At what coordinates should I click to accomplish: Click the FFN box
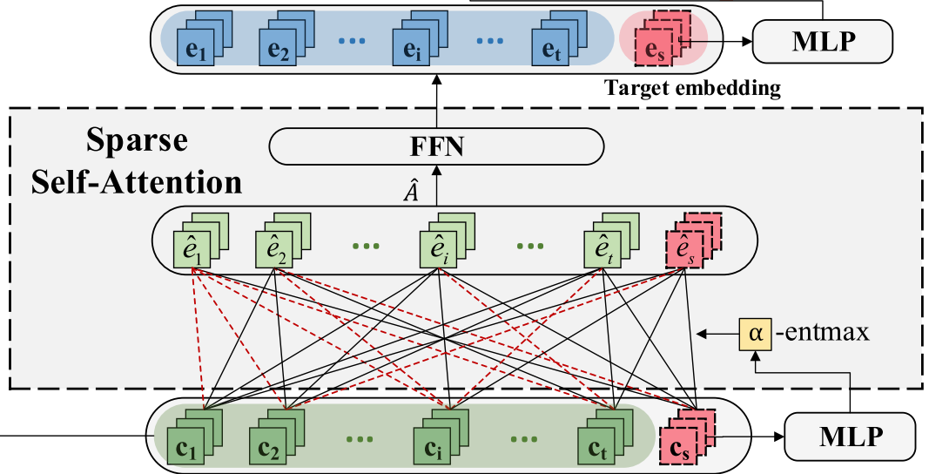437,146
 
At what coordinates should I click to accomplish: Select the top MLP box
822,40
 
